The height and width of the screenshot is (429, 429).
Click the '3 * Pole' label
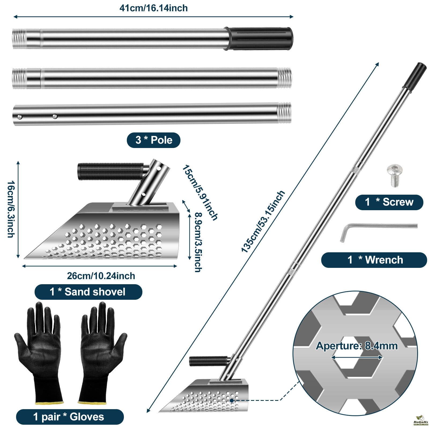pyautogui.click(x=153, y=140)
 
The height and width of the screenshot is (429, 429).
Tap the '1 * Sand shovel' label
pyautogui.click(x=88, y=292)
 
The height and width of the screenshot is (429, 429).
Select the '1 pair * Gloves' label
pyautogui.click(x=69, y=417)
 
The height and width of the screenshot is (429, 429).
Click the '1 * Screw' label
pyautogui.click(x=389, y=202)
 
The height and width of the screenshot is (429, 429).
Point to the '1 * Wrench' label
pyautogui.click(x=374, y=260)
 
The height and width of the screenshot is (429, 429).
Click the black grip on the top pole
pyautogui.click(x=260, y=38)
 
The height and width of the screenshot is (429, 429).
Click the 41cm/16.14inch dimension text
pyautogui.click(x=153, y=8)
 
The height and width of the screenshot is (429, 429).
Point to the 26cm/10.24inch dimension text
pyautogui.click(x=101, y=276)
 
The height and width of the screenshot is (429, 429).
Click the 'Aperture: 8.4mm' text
pyautogui.click(x=357, y=346)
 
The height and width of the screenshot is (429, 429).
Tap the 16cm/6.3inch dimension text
pyautogui.click(x=11, y=209)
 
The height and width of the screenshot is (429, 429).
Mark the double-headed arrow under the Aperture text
pyautogui.click(x=357, y=357)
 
